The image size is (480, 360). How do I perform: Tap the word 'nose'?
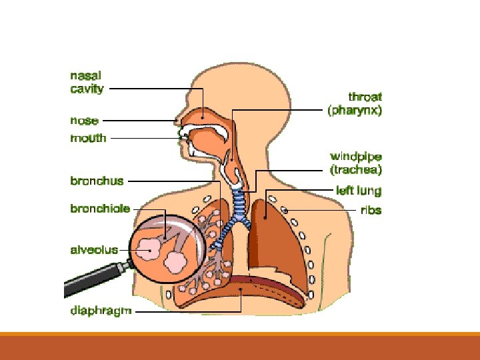tap(85, 121)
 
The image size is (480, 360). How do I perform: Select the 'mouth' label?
tap(88, 138)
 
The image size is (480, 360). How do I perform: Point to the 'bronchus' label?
tap(97, 181)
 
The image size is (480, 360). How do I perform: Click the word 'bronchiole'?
tap(100, 209)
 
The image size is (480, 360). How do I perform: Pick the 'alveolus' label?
tap(94, 250)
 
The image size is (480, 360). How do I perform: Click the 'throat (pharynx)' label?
tap(355, 104)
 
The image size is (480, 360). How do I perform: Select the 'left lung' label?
tap(359, 191)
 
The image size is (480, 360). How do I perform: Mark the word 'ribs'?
tap(371, 210)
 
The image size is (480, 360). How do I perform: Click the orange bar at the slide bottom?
tap(240, 347)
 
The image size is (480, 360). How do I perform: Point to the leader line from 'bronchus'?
tap(173, 181)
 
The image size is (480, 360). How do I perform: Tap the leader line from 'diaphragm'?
tap(187, 311)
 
